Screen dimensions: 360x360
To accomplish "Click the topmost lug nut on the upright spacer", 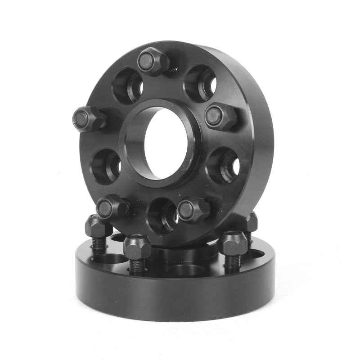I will tap(152, 62).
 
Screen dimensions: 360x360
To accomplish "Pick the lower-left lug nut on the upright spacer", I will tap(111, 207).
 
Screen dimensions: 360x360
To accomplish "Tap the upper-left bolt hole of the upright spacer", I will tap(128, 85).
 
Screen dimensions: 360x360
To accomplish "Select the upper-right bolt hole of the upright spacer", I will tap(201, 83).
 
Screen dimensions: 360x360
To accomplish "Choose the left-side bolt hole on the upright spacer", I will tap(107, 166).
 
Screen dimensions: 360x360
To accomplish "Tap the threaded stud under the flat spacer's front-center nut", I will tap(137, 265).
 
